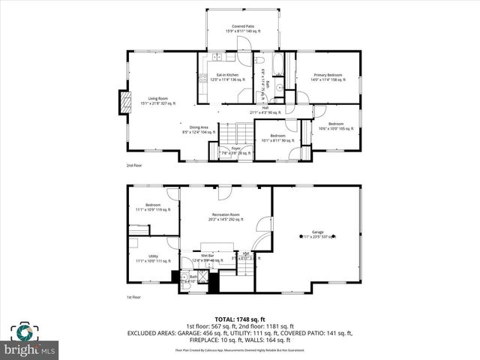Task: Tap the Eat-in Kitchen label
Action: click(x=227, y=77)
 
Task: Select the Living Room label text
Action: click(x=157, y=100)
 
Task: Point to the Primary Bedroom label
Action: click(x=327, y=77)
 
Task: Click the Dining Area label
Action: click(x=199, y=130)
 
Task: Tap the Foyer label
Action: click(x=235, y=150)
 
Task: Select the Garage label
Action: click(x=317, y=235)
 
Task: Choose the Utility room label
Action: click(x=153, y=258)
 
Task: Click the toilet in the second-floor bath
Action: click(x=259, y=61)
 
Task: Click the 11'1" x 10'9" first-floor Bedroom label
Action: click(x=153, y=207)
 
